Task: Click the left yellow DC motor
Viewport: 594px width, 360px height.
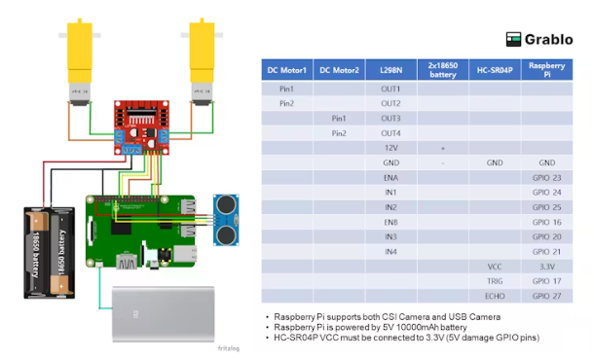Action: [80, 61]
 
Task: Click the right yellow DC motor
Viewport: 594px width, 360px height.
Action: [202, 61]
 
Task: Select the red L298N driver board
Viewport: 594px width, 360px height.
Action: [141, 127]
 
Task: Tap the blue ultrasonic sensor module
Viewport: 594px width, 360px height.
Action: [226, 220]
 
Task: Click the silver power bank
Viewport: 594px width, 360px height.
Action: [164, 314]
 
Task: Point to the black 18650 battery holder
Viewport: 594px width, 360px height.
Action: [50, 253]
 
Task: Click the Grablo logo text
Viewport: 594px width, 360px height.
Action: [548, 39]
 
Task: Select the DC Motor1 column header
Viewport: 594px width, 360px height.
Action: [286, 70]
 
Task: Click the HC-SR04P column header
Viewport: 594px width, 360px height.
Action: [495, 70]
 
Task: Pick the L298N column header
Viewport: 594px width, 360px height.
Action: [390, 70]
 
